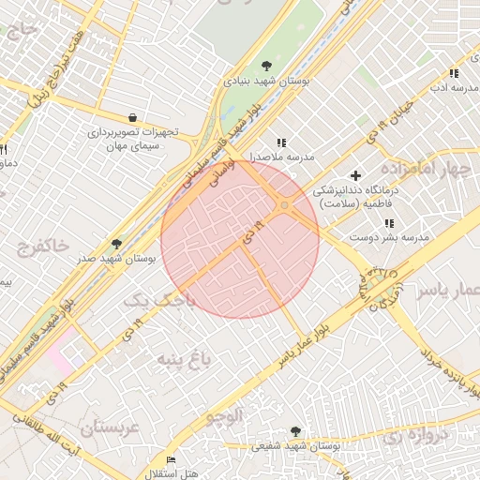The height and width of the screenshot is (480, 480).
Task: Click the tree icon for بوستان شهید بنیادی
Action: [267, 66]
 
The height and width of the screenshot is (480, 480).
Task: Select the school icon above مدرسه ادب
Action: [454, 73]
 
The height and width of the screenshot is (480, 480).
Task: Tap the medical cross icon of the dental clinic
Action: [355, 175]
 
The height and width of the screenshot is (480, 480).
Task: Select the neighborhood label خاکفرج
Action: [42, 247]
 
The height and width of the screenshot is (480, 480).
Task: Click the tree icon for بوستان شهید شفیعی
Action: [296, 431]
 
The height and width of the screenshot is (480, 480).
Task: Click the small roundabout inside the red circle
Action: [284, 205]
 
